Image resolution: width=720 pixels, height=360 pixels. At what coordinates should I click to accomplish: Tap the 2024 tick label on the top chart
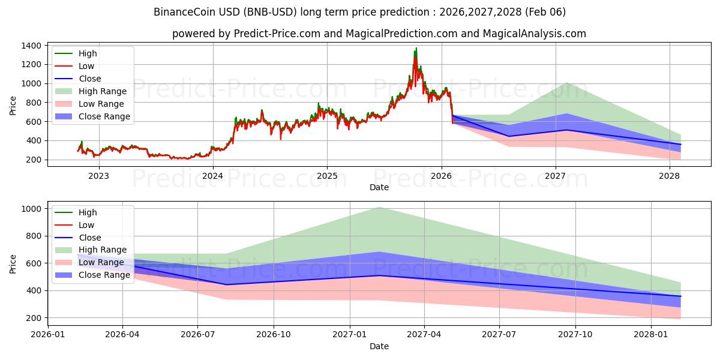pyautogui.click(x=212, y=176)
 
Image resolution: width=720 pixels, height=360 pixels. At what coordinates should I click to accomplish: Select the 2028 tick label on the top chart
pyautogui.click(x=670, y=176)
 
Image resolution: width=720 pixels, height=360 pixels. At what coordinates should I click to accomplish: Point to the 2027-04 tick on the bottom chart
pyautogui.click(x=424, y=335)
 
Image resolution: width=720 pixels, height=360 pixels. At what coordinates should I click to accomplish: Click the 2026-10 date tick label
pyautogui.click(x=274, y=335)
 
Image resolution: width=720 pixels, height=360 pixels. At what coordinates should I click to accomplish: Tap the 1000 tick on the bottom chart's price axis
pyautogui.click(x=32, y=209)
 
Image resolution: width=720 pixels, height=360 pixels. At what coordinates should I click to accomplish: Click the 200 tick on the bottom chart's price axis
pyautogui.click(x=34, y=318)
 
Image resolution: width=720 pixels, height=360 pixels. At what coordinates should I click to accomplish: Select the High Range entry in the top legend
pyautogui.click(x=103, y=91)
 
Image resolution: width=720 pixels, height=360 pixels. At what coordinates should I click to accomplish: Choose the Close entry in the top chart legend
pyautogui.click(x=90, y=79)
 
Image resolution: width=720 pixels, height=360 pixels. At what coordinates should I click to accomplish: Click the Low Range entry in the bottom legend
pyautogui.click(x=101, y=262)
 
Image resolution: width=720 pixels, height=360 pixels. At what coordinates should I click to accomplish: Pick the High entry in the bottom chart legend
pyautogui.click(x=88, y=212)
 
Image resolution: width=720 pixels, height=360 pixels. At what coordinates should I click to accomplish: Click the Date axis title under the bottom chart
pyautogui.click(x=379, y=346)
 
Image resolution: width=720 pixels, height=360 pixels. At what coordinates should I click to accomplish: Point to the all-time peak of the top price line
pyautogui.click(x=416, y=49)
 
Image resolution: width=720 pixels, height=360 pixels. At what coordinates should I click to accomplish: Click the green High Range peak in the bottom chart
pyautogui.click(x=379, y=207)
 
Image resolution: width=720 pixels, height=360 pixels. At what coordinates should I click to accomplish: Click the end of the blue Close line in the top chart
pyautogui.click(x=680, y=144)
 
